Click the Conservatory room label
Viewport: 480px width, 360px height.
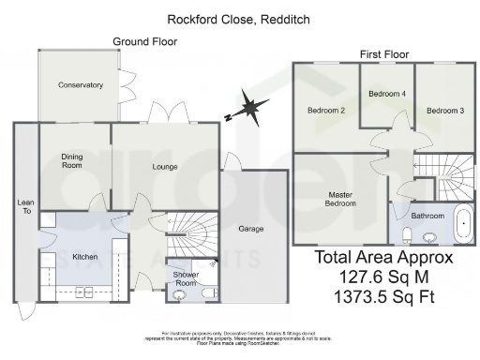click(80, 85)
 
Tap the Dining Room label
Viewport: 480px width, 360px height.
click(73, 160)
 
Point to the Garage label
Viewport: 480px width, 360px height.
click(250, 229)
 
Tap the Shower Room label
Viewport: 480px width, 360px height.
click(185, 279)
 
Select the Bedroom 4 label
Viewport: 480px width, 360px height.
click(387, 94)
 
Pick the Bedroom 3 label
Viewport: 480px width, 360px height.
click(445, 111)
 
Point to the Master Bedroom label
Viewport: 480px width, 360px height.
click(340, 198)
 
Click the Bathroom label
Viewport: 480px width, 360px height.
click(427, 216)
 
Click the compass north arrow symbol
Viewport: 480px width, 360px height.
click(248, 109)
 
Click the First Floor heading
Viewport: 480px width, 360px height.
click(385, 55)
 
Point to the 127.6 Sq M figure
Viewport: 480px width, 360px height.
click(383, 277)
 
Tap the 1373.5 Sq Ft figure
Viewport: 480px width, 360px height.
click(383, 298)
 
